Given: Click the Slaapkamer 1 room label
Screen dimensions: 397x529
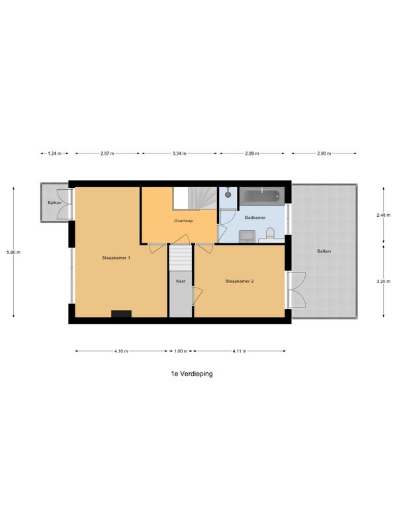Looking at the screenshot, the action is [x=116, y=258].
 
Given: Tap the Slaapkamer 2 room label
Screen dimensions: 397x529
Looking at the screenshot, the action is [x=240, y=281].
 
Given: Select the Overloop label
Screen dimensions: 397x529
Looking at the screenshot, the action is [x=183, y=221].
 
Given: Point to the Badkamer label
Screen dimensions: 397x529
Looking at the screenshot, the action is [x=255, y=218].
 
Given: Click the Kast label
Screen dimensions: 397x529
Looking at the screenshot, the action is [x=181, y=281].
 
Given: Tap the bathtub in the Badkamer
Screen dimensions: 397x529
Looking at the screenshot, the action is [x=262, y=196].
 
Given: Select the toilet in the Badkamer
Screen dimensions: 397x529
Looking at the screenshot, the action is [x=271, y=233].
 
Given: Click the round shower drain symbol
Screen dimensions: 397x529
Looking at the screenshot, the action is [x=228, y=194].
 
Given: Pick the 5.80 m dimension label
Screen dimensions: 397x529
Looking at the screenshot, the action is [x=13, y=252].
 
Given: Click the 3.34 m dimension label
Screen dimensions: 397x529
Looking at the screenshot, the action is [x=179, y=153].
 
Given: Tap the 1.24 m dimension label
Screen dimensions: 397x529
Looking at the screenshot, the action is [x=54, y=153].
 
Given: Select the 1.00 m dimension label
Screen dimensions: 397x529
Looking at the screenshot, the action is [x=181, y=351].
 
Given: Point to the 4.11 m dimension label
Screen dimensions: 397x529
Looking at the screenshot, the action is [x=240, y=351].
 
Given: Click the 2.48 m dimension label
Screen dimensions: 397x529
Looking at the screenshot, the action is [x=384, y=216].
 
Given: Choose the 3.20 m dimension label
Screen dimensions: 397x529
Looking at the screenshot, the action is [x=384, y=282].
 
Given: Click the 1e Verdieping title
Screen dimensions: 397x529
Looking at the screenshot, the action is [x=192, y=374].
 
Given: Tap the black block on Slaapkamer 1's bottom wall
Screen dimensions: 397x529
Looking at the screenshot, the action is [x=121, y=314].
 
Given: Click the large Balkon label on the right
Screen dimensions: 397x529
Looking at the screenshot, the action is [x=324, y=251].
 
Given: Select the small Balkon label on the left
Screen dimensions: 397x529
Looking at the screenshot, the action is [x=54, y=203].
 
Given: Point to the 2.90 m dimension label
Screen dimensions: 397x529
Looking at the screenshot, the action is [x=324, y=153].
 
